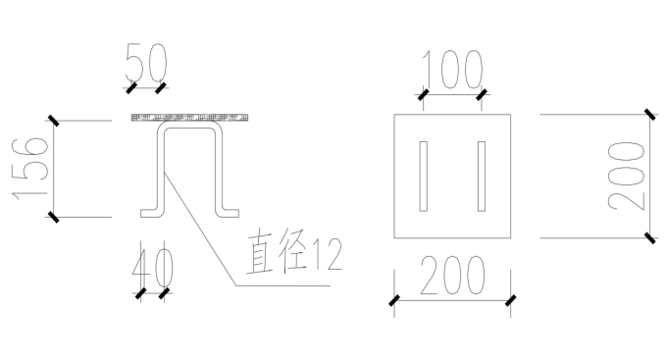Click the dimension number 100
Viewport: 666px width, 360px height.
453,70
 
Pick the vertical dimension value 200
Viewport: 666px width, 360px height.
625,175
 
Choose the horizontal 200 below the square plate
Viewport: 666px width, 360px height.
452,278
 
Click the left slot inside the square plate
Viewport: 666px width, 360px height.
423,177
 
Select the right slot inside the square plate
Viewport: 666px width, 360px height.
482,177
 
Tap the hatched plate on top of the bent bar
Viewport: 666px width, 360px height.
190,118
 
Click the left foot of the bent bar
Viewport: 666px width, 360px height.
149,211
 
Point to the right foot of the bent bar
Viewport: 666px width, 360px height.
231,211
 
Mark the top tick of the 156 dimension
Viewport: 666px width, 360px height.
53,121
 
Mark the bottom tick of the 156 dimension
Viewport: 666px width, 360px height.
53,216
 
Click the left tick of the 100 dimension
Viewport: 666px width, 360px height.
423,95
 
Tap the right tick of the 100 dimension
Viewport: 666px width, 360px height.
482,95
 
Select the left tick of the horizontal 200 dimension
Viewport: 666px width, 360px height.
394,301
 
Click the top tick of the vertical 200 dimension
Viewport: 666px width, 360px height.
648,115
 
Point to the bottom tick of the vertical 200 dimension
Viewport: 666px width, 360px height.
648,236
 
